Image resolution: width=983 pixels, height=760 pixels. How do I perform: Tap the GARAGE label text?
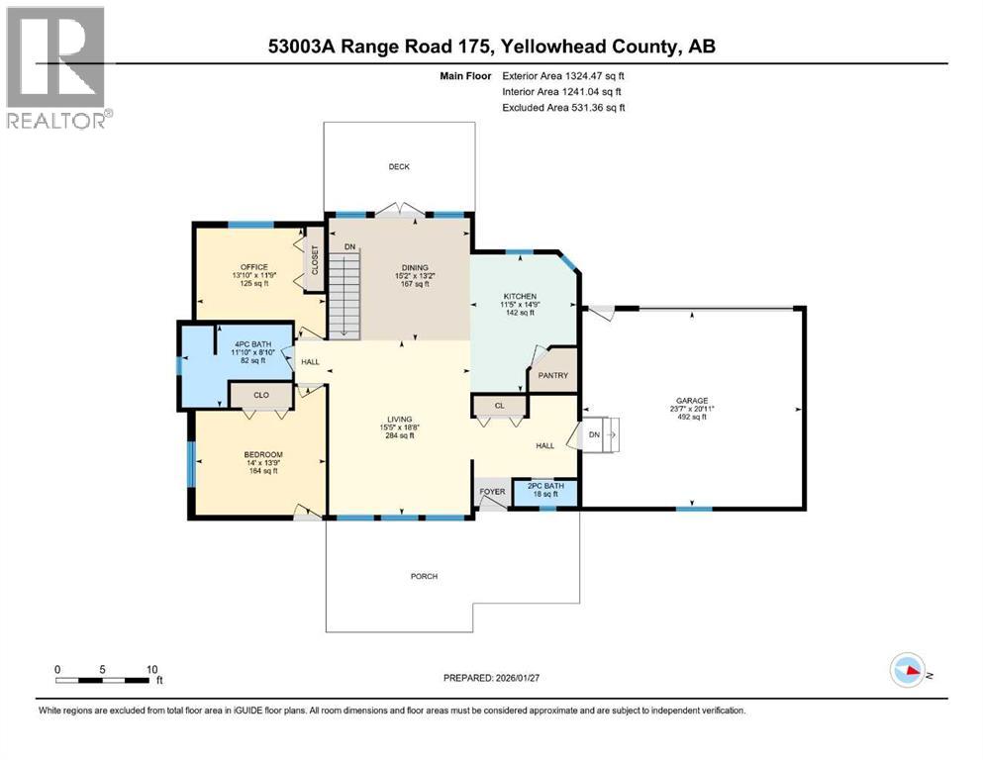[x=693, y=401]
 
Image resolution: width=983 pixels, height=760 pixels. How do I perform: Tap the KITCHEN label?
[x=519, y=296]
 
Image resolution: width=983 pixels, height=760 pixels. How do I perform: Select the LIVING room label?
[x=400, y=419]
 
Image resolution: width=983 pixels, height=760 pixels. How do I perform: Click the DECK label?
[x=399, y=166]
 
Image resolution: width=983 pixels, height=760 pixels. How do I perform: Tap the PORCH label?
[x=425, y=576]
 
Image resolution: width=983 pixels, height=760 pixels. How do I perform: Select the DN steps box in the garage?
[x=601, y=433]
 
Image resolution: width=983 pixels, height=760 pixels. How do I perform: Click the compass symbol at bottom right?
[x=908, y=672]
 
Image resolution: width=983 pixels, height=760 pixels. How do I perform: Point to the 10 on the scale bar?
[x=149, y=669]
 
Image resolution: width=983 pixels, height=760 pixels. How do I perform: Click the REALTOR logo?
[x=57, y=67]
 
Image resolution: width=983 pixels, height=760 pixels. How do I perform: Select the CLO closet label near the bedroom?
[x=260, y=394]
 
